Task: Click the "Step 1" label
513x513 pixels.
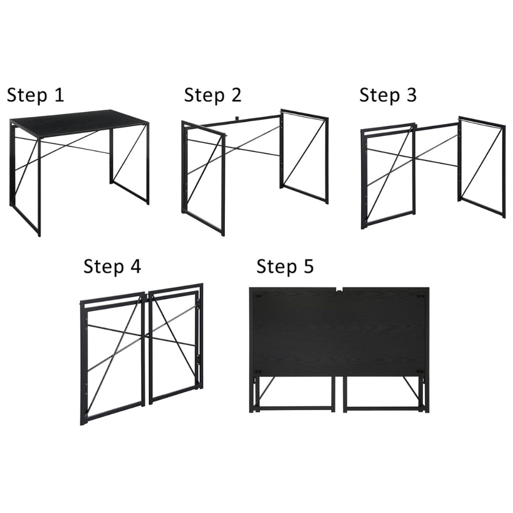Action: pyautogui.click(x=36, y=95)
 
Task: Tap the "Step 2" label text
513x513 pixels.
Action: pyautogui.click(x=212, y=95)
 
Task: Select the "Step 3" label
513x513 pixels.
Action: pyautogui.click(x=388, y=95)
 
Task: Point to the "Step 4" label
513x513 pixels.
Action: pyautogui.click(x=112, y=267)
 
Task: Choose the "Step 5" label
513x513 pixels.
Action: pyautogui.click(x=285, y=267)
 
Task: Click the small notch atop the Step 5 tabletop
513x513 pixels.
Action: pyautogui.click(x=339, y=289)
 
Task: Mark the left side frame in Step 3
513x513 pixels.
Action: pyautogui.click(x=388, y=175)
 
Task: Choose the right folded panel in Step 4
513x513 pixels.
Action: pyautogui.click(x=175, y=343)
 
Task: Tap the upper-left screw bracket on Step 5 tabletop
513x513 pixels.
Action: pyautogui.click(x=259, y=296)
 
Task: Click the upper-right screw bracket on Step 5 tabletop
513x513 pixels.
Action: pyautogui.click(x=419, y=296)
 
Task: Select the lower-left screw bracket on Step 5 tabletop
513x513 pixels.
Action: pyautogui.click(x=259, y=372)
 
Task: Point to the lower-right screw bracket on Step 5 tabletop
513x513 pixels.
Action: pyautogui.click(x=419, y=372)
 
